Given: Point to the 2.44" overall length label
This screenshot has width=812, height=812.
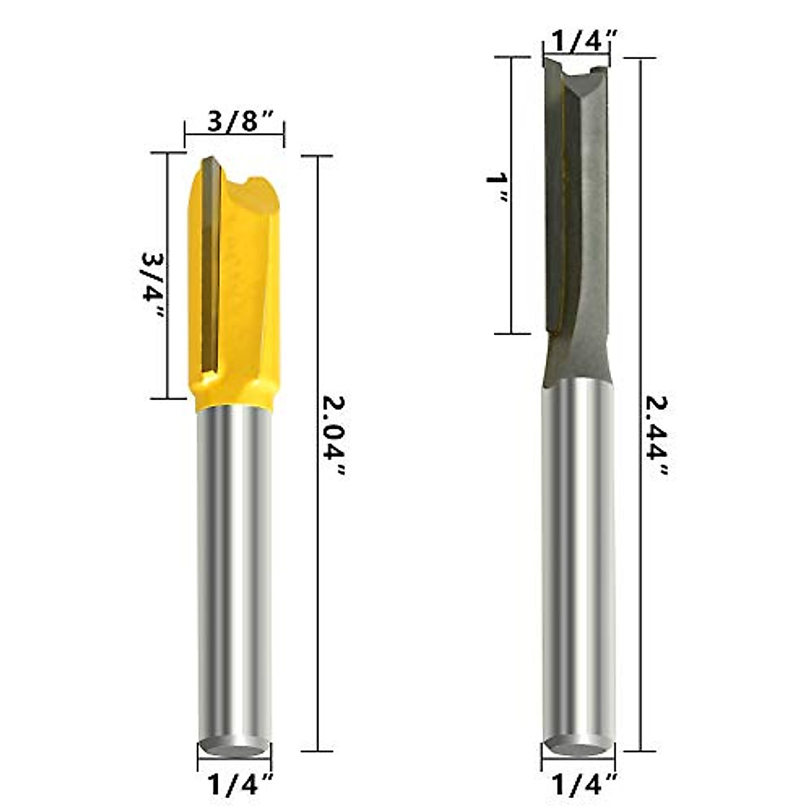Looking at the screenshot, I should tap(655, 436).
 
